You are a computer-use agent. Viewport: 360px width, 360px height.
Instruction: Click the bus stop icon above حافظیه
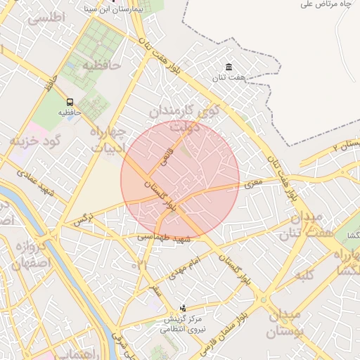(x=70, y=102)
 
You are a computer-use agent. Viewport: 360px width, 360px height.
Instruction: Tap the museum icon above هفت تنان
(x=229, y=67)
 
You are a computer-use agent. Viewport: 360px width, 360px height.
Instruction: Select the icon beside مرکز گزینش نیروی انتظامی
(x=184, y=307)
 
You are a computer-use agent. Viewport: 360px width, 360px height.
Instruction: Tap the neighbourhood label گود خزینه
(x=37, y=141)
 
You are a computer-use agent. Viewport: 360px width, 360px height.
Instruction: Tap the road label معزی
(x=253, y=184)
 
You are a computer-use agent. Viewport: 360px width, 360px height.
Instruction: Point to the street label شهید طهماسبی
(x=164, y=239)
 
